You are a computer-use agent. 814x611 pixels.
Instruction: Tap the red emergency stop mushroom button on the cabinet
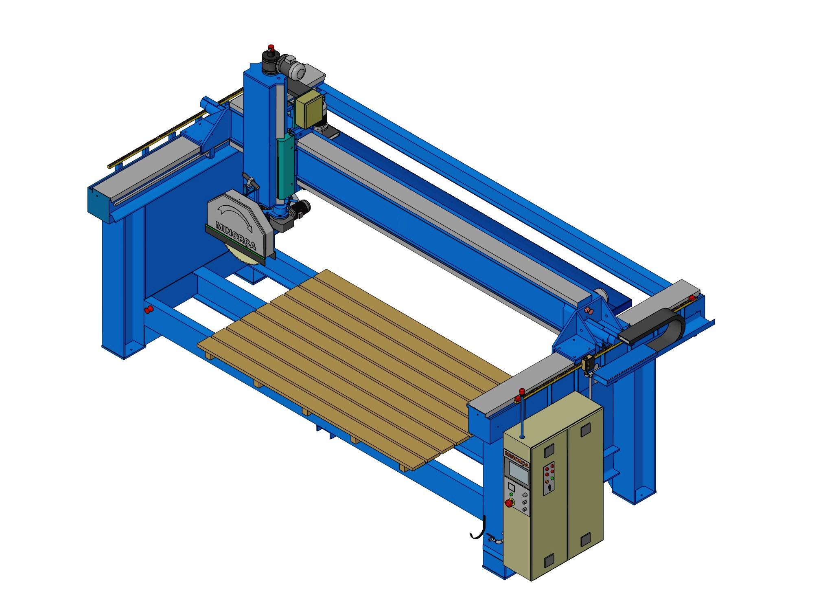[x=509, y=503]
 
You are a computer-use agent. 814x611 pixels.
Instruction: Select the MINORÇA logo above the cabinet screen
[x=516, y=458]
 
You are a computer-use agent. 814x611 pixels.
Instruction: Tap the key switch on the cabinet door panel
[x=549, y=487]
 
